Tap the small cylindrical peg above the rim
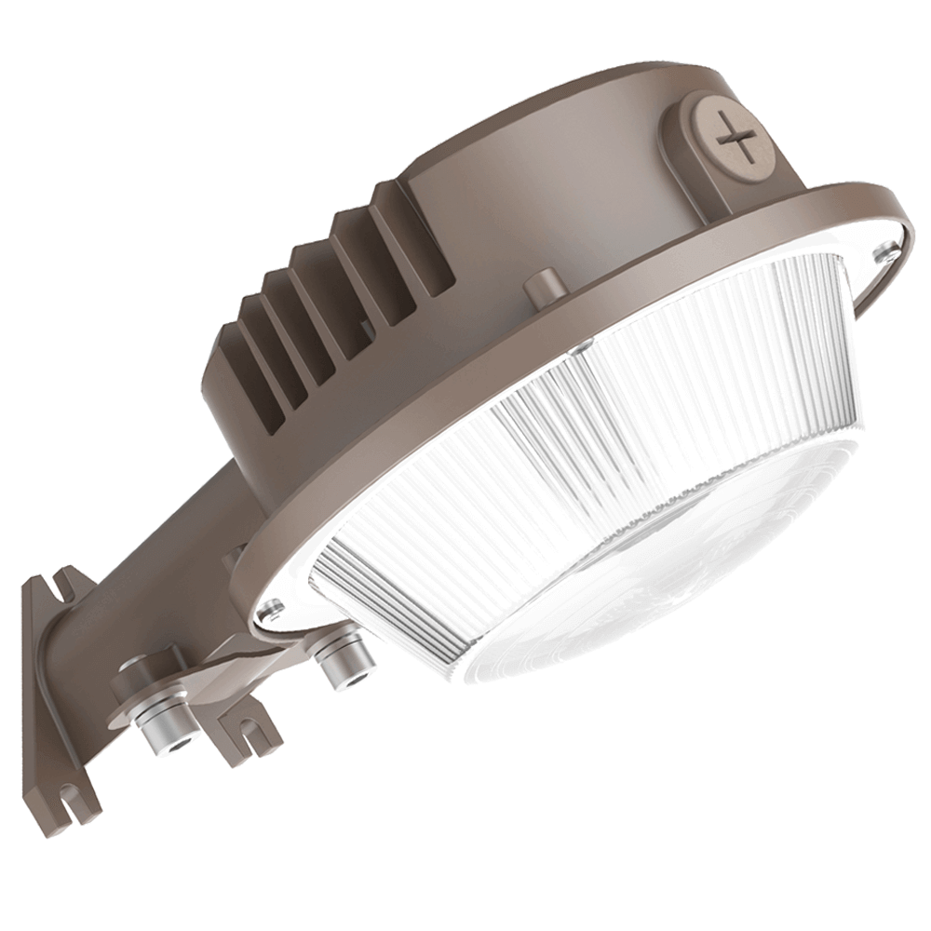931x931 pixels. pyautogui.click(x=543, y=285)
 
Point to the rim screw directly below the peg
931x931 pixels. pyautogui.click(x=579, y=345)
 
